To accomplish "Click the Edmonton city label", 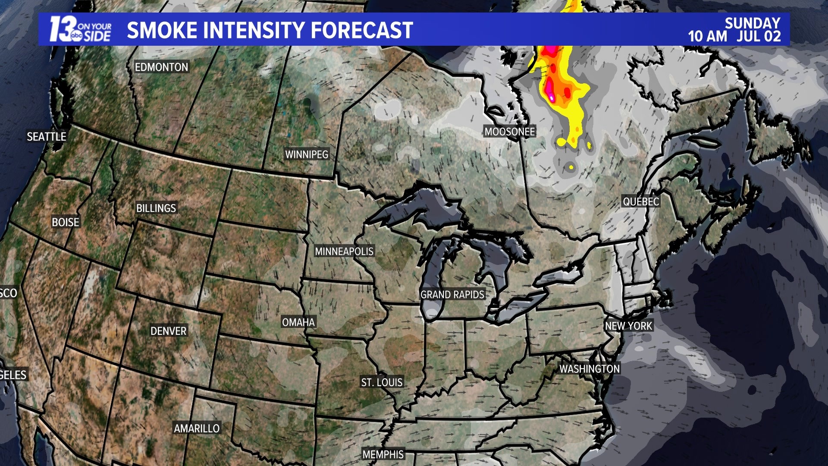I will click(x=161, y=67).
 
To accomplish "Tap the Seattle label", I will click(x=47, y=137).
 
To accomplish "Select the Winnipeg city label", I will click(x=307, y=154).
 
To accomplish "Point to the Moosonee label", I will click(x=509, y=132).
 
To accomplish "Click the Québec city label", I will click(x=641, y=202).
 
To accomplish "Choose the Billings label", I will click(x=156, y=208).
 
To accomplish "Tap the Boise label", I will click(x=66, y=222).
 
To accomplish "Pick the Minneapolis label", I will click(x=344, y=251).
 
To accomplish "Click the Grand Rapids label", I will click(x=452, y=294).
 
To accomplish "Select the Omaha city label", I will click(x=298, y=322).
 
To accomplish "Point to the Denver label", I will click(x=168, y=331).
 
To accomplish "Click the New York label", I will click(x=628, y=326).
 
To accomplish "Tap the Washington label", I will click(x=589, y=368).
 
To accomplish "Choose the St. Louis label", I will click(x=382, y=382).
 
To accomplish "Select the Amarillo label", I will click(x=197, y=428).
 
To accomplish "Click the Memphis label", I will click(x=383, y=454).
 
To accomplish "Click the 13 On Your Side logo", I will click(x=80, y=29).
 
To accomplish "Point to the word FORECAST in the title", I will click(x=362, y=30).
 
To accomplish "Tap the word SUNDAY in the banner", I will click(x=752, y=23).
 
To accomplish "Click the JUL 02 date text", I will click(x=759, y=36).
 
